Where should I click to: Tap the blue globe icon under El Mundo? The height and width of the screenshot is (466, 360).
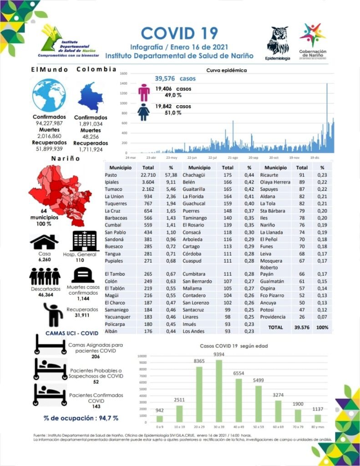coord(49,95)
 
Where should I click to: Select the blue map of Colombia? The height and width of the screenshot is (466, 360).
coord(91,97)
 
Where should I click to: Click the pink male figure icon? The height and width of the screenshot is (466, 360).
coord(144,92)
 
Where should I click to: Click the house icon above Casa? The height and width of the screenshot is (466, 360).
coord(44,242)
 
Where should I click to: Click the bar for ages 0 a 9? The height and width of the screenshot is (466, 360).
coord(159,418)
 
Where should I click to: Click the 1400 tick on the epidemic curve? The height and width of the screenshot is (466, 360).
coord(123,83)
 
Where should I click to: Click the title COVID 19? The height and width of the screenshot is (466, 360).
coord(179,33)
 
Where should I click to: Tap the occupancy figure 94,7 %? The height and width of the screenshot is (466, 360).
coord(81,418)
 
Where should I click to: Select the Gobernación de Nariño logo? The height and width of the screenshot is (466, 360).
coord(312,41)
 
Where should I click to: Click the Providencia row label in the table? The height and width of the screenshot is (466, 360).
coord(273,317)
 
